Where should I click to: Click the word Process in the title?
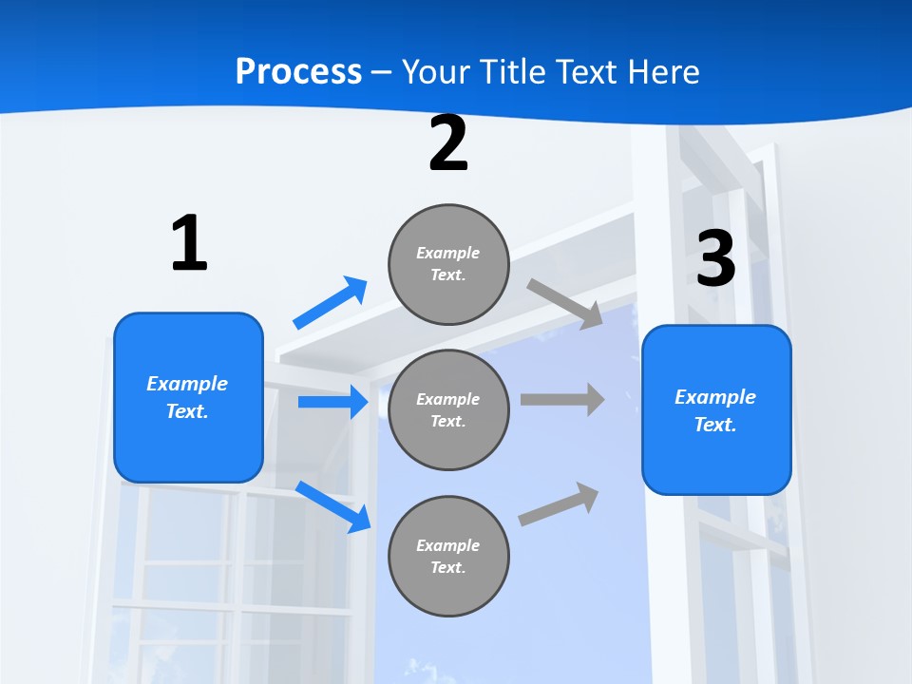tap(298, 71)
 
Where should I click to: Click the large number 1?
tap(189, 244)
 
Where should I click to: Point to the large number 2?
tap(448, 144)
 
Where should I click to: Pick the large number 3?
tap(716, 259)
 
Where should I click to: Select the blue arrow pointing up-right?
tap(331, 302)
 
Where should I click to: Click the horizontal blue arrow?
tap(332, 402)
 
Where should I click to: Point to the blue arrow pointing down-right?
tap(333, 505)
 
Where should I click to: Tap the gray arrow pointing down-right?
tap(564, 303)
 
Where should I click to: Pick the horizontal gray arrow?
tap(562, 399)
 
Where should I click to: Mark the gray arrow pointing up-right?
tap(559, 503)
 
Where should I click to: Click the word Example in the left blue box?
tap(187, 384)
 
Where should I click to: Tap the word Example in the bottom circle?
tap(448, 545)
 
